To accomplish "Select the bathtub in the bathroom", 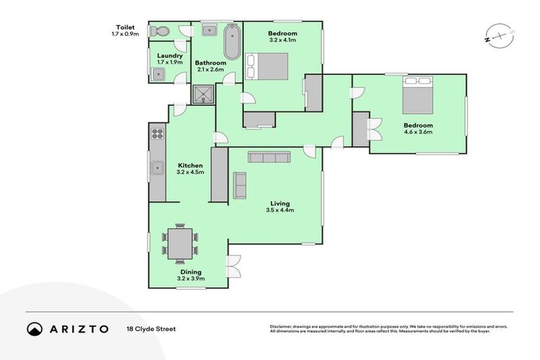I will click(x=232, y=42).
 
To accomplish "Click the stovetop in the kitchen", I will click(x=157, y=134).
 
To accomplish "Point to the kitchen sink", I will click(x=155, y=168).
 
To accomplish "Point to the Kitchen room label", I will click(x=190, y=166).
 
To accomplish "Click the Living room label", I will click(x=279, y=203).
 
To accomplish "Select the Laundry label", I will click(x=170, y=56).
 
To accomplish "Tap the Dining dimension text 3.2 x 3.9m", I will click(x=190, y=279).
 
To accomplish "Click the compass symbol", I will click(x=495, y=35).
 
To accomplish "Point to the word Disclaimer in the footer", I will click(x=283, y=326).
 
